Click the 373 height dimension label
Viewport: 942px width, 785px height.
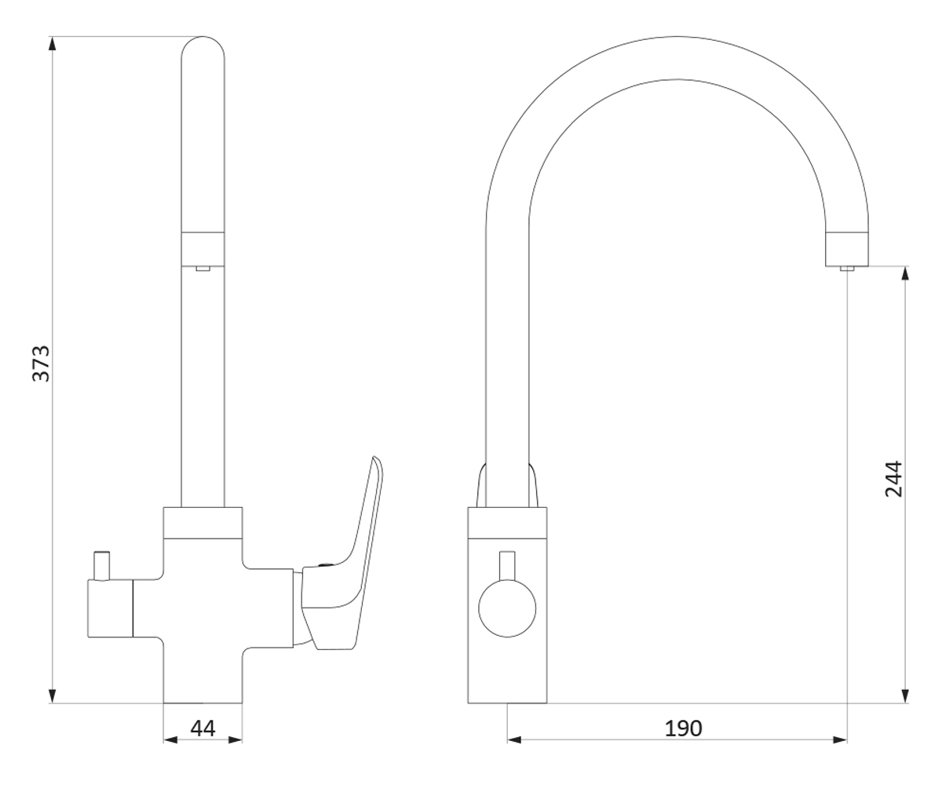(x=41, y=363)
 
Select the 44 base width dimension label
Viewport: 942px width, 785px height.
(x=203, y=728)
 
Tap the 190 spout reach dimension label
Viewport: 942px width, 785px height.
(x=684, y=728)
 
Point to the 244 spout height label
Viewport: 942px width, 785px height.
(x=893, y=479)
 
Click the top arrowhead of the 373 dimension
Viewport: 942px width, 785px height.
(x=53, y=44)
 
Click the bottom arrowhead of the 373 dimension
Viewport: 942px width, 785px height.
(x=53, y=696)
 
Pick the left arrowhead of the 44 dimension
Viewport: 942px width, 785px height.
(x=170, y=740)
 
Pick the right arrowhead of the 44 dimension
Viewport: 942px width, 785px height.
(x=235, y=740)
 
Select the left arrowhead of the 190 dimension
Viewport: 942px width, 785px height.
(x=514, y=740)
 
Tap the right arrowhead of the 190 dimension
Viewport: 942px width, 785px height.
(x=840, y=740)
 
